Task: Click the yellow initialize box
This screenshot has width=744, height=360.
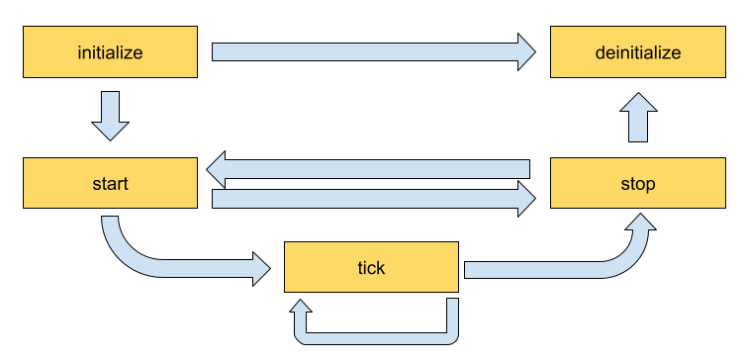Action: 110,52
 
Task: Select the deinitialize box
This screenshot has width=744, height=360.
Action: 637,52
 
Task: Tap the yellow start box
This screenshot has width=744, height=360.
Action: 110,183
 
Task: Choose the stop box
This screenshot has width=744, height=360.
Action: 637,183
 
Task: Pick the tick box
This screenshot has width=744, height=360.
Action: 371,267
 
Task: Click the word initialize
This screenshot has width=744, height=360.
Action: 110,52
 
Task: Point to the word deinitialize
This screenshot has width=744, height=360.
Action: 637,52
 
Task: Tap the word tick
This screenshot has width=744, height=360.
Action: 371,267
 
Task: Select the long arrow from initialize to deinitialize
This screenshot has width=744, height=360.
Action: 366,51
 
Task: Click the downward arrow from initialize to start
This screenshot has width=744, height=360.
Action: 111,114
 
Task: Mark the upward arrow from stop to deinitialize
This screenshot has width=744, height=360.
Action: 641,118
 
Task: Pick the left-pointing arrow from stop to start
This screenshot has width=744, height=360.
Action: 376,168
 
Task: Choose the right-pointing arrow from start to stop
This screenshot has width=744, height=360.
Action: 366,199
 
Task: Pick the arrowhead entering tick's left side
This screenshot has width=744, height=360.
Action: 261,268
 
